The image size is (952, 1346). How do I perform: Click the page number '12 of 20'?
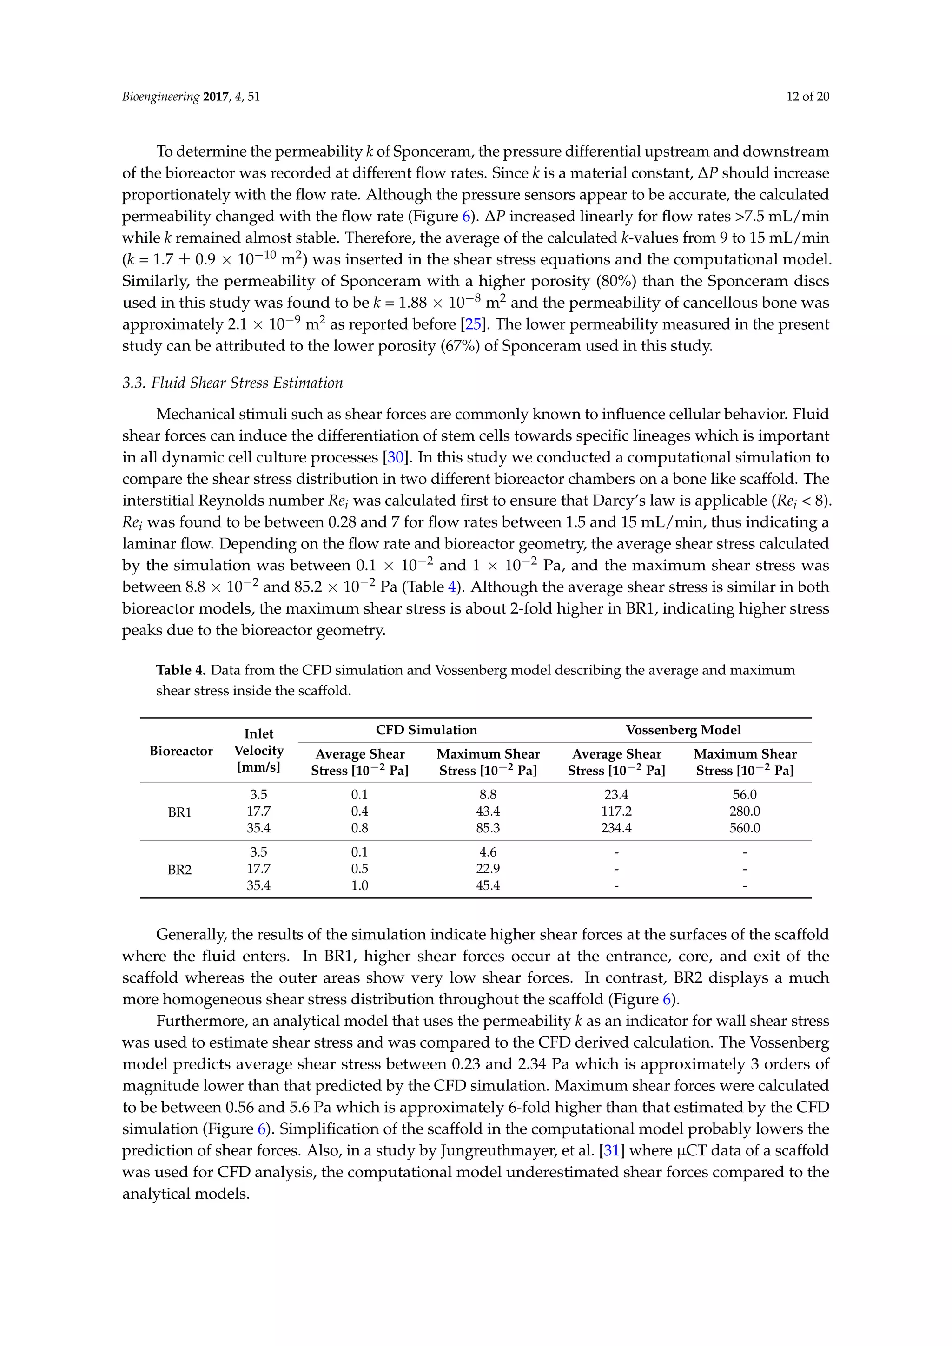[x=807, y=97]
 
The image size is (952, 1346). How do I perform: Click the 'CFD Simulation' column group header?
[x=426, y=730]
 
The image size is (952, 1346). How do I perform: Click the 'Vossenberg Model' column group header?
[x=683, y=730]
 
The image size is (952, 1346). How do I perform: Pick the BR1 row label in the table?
[x=179, y=812]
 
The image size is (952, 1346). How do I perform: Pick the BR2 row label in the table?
[x=179, y=870]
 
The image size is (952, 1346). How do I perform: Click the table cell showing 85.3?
[x=488, y=828]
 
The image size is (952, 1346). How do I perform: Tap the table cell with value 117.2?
[x=616, y=812]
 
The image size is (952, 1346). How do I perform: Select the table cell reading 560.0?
[x=745, y=828]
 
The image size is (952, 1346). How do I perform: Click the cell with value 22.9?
[x=488, y=869]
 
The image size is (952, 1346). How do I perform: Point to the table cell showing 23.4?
[x=616, y=794]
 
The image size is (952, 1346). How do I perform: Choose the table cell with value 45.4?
[x=488, y=885]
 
